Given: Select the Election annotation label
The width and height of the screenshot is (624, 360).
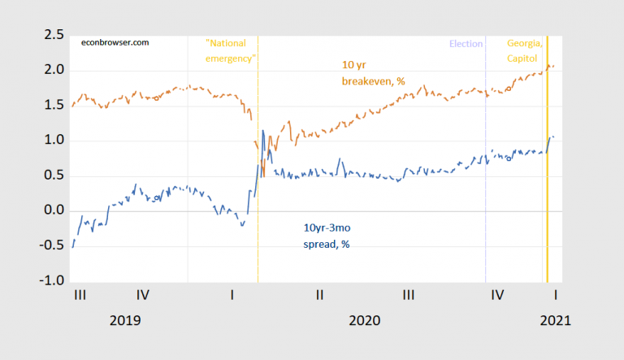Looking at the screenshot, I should click(x=466, y=44).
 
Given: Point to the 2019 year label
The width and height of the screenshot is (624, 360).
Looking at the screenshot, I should click(x=125, y=320).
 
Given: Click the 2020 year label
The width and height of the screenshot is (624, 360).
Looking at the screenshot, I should click(x=365, y=320).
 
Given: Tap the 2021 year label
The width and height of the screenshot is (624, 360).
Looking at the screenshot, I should click(x=555, y=320).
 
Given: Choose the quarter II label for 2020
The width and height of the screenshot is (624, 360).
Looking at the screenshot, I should click(x=321, y=297).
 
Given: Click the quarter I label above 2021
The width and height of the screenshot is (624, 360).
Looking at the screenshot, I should click(x=555, y=297).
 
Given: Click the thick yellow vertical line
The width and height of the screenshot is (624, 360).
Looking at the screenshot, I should click(x=547, y=163).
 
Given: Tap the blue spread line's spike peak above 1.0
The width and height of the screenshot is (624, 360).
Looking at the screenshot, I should click(x=262, y=130).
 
